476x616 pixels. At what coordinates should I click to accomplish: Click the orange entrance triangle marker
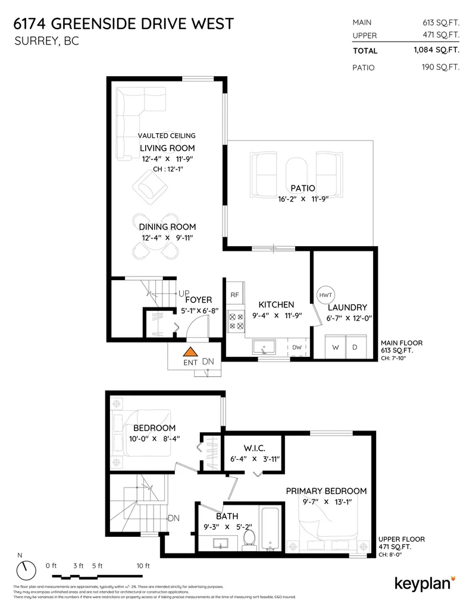click(190, 352)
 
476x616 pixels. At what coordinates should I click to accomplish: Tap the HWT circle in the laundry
click(325, 296)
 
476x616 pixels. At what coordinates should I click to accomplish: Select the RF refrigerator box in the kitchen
click(234, 294)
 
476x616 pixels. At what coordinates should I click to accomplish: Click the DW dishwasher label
click(297, 347)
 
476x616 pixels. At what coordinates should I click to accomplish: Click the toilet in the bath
click(250, 539)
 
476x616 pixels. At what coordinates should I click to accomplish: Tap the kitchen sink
click(262, 347)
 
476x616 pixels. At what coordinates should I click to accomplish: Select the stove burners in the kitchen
click(235, 321)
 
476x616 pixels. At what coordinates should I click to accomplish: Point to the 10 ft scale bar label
click(143, 565)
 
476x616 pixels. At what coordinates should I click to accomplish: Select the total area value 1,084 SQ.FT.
click(436, 51)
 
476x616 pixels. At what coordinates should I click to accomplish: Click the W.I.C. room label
click(253, 447)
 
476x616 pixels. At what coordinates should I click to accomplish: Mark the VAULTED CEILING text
click(167, 136)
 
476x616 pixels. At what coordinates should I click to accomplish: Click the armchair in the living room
click(149, 188)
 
